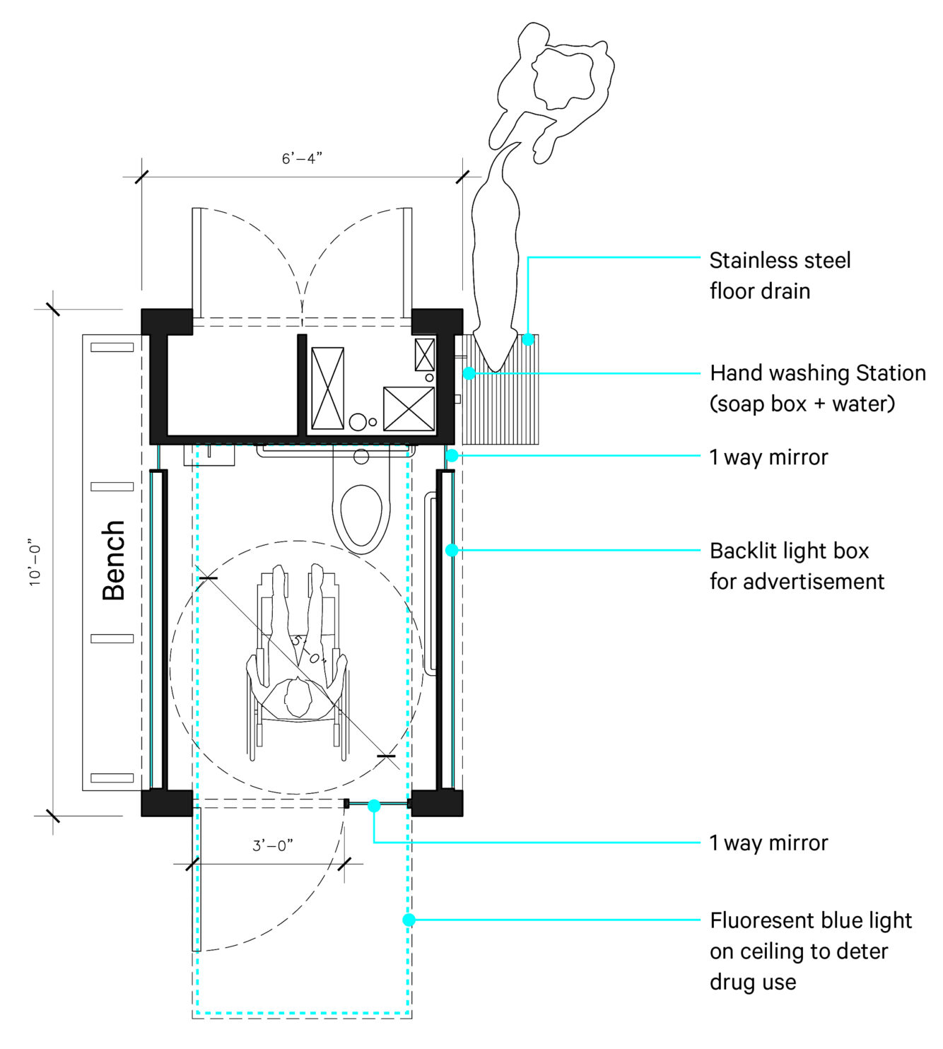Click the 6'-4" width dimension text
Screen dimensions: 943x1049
pos(302,158)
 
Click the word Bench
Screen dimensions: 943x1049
pos(114,560)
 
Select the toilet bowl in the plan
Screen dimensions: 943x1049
pos(361,515)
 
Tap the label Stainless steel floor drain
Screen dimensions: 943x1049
pos(779,276)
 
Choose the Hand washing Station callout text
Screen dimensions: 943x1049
pos(817,388)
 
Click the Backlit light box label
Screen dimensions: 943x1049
pos(797,565)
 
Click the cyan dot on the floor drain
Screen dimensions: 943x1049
pos(528,340)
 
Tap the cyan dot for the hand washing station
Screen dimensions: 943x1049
pos(469,373)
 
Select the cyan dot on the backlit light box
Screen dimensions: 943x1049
pos(452,550)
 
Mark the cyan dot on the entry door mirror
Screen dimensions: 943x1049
pos(374,806)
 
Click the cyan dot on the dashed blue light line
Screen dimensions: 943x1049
pos(409,920)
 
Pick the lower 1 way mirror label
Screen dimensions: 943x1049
pos(768,843)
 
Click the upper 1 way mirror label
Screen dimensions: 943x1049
pos(768,457)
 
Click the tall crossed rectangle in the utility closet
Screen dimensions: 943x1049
pos(327,388)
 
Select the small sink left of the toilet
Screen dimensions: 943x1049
pos(209,455)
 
